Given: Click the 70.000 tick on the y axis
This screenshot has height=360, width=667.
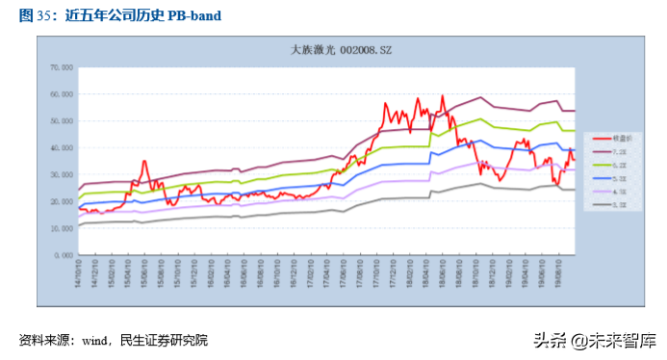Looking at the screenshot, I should pyautogui.click(x=61, y=67).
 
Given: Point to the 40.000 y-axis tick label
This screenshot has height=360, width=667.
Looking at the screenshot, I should pyautogui.click(x=61, y=148).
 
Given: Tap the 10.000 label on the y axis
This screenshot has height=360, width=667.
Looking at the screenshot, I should pyautogui.click(x=61, y=229).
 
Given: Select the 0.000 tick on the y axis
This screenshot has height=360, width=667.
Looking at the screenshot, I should pyautogui.click(x=64, y=256).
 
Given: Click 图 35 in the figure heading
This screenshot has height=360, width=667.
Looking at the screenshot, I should pyautogui.click(x=37, y=14).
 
